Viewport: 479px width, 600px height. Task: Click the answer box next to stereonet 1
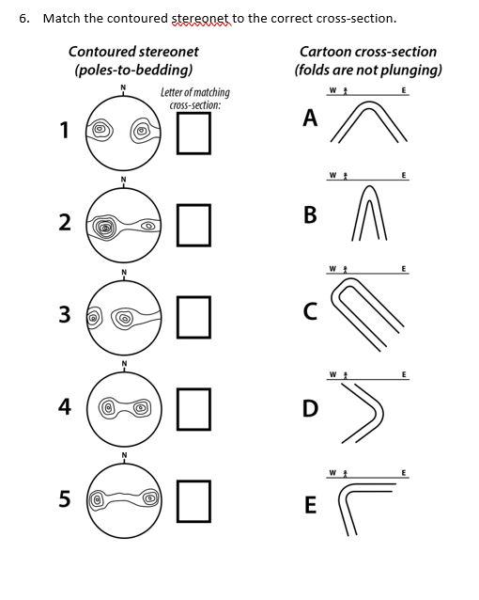coord(194,133)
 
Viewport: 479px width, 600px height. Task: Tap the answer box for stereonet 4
coord(194,407)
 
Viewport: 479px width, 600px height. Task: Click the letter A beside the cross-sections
coord(310,118)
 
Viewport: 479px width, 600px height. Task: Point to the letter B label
coord(310,215)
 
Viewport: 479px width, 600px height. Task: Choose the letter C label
coord(310,311)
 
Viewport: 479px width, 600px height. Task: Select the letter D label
coord(310,409)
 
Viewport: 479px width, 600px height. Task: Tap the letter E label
coord(310,506)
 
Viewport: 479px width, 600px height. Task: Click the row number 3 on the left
coord(64,316)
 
